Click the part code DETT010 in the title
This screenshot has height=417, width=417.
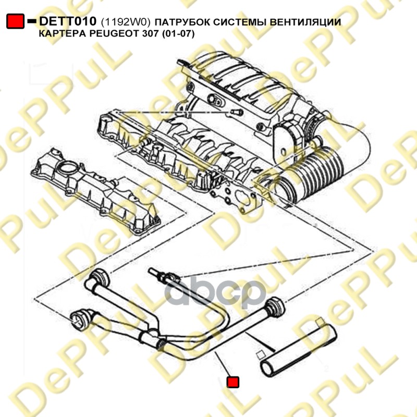click(x=68, y=21)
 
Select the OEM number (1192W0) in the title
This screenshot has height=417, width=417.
click(x=126, y=22)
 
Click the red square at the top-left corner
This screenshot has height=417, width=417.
click(x=16, y=21)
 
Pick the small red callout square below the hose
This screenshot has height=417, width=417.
click(x=232, y=382)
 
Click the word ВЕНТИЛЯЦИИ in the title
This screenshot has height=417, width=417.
click(x=305, y=22)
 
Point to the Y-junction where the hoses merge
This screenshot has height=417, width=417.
click(x=153, y=336)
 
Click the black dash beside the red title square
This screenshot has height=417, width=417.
click(x=32, y=21)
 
